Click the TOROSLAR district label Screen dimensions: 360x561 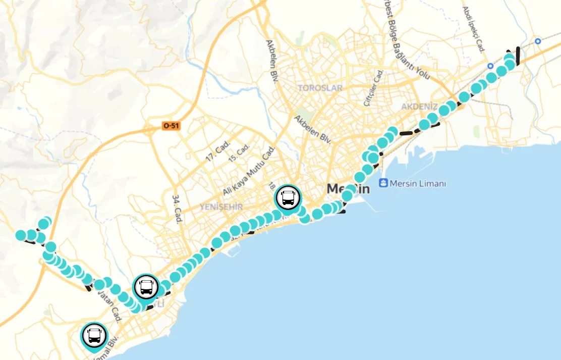coord(320,88)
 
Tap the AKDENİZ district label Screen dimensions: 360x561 coord(419,107)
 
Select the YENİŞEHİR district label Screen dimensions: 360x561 coord(221,207)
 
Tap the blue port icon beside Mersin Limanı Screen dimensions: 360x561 coord(383,183)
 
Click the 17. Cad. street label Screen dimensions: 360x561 coord(217,150)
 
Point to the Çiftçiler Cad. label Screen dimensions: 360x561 coord(374,88)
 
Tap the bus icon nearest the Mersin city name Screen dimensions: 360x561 coord(288,197)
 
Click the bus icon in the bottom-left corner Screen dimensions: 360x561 coord(94,335)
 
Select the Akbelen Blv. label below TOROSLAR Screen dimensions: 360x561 coord(313,129)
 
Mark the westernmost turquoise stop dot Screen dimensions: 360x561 coord(21,235)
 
